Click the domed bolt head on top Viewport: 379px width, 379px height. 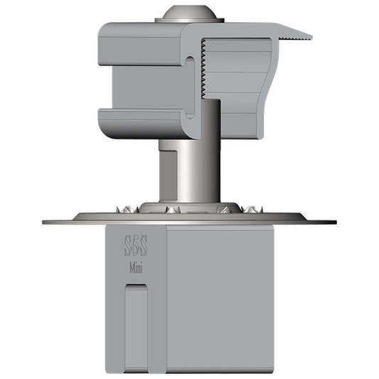point(189,13)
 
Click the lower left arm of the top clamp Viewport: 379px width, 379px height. point(139,122)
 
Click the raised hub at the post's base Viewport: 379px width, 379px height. point(189,207)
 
